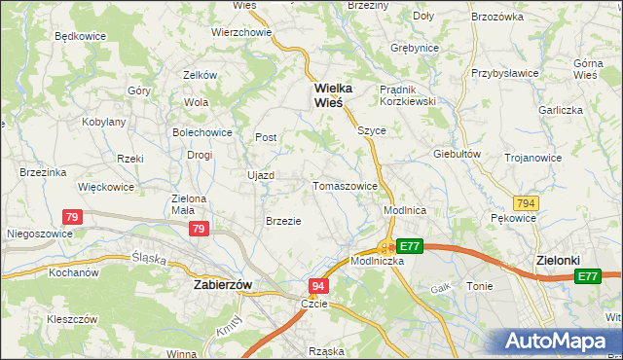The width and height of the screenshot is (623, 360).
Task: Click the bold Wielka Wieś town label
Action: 332,94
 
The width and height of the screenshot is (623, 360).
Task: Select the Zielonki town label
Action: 559,261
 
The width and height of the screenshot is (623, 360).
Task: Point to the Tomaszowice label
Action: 345,186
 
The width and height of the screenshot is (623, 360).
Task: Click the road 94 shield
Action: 318,286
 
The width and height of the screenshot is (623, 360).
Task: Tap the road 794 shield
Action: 527,203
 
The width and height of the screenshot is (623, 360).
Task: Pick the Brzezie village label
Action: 283,221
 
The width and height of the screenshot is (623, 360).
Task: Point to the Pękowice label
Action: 514,219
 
